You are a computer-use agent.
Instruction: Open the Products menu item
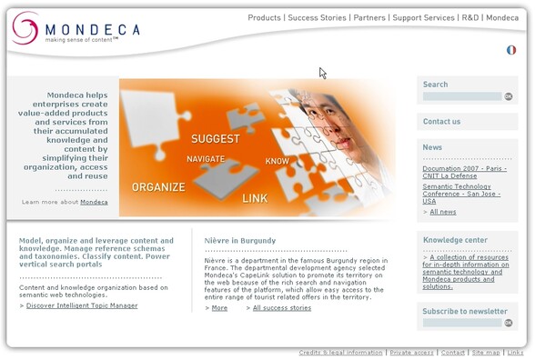click(x=264, y=17)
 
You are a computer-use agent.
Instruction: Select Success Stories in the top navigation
click(x=318, y=17)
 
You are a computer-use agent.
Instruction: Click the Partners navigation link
click(x=369, y=17)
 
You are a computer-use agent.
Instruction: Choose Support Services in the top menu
click(x=423, y=17)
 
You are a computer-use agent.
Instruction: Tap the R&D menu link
click(x=469, y=17)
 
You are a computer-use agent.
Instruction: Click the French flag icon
click(x=511, y=50)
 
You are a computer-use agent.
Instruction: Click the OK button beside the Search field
click(x=509, y=96)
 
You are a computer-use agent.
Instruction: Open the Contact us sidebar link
click(x=442, y=122)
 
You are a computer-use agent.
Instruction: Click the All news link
click(x=443, y=212)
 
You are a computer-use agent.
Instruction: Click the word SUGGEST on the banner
click(x=216, y=139)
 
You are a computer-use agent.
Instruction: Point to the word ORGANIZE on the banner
click(x=158, y=187)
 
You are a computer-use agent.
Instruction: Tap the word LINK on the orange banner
click(x=255, y=197)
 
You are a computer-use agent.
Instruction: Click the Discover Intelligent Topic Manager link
click(x=82, y=305)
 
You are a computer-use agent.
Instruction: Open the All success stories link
click(x=281, y=308)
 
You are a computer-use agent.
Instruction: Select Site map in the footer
click(x=486, y=353)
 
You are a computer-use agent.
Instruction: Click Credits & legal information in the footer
click(x=340, y=353)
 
